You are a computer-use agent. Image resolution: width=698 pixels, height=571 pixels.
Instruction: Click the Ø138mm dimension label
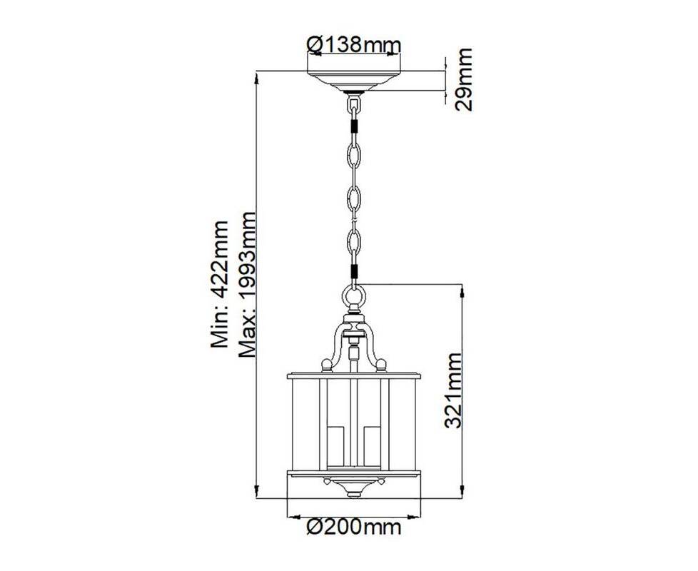(354, 44)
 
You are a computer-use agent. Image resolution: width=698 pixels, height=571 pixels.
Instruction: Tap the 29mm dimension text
(464, 80)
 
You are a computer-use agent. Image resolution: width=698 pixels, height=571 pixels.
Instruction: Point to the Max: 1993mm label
(247, 285)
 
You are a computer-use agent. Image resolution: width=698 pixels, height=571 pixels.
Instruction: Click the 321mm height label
(453, 390)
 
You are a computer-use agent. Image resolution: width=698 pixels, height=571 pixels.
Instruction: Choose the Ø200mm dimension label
(354, 527)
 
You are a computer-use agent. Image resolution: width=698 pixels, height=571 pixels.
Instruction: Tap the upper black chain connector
(354, 126)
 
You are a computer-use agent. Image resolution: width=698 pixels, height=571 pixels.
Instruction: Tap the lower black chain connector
(354, 271)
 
